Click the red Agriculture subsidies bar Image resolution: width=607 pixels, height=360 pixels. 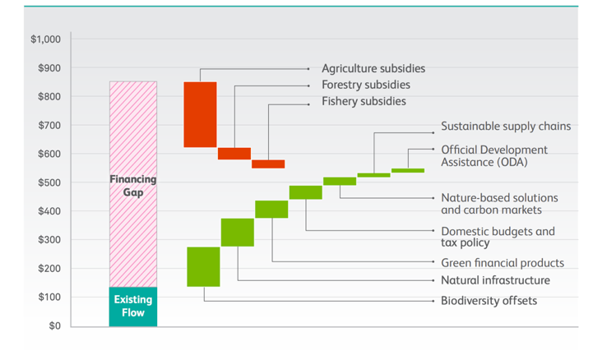200,114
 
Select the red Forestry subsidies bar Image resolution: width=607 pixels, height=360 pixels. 234,154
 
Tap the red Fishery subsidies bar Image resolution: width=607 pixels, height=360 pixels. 268,164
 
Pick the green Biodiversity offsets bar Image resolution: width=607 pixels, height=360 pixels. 204,267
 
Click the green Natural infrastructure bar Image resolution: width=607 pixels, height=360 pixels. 238,233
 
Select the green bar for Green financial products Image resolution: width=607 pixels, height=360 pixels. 271,210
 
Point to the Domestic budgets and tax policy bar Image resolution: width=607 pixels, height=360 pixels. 306,192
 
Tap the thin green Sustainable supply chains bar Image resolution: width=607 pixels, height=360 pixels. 374,175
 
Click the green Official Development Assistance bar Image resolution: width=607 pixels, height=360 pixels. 408,170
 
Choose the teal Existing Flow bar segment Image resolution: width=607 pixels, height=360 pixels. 133,307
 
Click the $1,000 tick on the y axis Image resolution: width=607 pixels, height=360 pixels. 46,39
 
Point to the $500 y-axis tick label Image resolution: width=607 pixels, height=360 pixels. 49,182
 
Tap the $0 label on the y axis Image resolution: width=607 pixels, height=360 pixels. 54,325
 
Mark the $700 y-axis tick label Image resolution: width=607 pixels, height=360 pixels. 49,125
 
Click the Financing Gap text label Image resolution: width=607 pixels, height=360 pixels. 133,186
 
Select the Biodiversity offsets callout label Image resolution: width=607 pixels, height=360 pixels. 489,301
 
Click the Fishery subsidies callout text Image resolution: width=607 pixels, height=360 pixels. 364,101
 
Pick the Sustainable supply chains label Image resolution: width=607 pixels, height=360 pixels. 506,127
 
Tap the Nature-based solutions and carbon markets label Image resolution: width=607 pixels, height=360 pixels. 499,204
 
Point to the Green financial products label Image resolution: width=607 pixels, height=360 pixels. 503,263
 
